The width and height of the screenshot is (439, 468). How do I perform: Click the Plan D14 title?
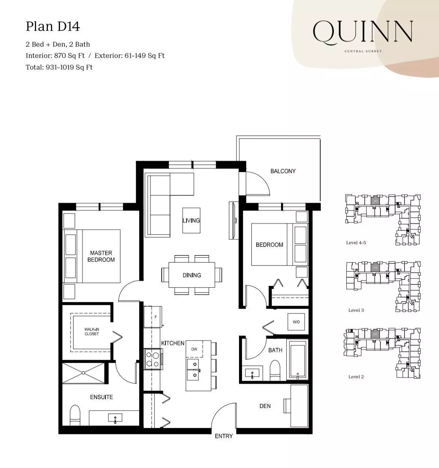[53, 27]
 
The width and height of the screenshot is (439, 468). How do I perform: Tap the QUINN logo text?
[363, 32]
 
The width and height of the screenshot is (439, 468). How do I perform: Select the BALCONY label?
[283, 171]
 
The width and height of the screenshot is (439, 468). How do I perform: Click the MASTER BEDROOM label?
[101, 256]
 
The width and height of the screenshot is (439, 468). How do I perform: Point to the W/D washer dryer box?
[296, 322]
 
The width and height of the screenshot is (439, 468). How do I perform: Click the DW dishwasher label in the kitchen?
[194, 349]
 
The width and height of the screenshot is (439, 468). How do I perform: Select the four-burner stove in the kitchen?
[153, 359]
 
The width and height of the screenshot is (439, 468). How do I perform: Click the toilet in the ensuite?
[75, 415]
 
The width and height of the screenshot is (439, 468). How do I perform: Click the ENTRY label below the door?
[224, 436]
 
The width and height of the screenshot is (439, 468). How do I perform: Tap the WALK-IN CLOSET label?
[92, 332]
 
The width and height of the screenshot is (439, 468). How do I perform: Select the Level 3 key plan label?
[356, 310]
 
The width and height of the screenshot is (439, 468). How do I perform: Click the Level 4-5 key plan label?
[356, 243]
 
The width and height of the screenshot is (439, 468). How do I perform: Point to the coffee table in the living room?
[191, 220]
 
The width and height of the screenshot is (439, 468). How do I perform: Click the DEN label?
[265, 406]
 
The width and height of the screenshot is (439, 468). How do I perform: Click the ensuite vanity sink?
[114, 418]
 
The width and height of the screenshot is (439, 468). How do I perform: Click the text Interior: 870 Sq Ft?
[55, 56]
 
